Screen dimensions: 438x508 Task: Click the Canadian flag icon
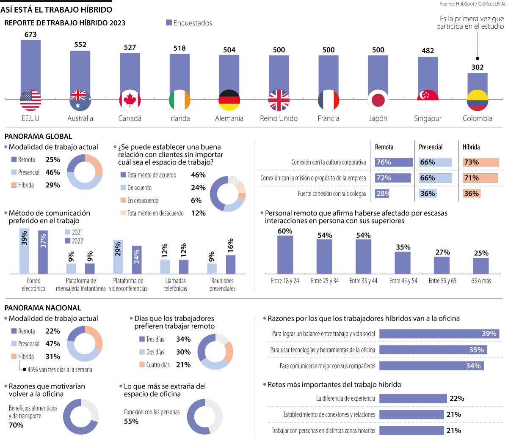click(130, 100)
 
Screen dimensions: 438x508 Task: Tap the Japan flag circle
click(378, 100)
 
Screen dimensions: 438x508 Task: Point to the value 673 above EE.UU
click(30, 35)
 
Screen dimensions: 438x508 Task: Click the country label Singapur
click(428, 118)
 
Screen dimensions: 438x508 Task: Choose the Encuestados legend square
click(169, 23)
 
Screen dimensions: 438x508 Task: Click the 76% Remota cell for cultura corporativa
click(393, 162)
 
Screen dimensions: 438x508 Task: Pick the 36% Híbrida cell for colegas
click(480, 194)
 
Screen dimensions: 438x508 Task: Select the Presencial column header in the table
click(431, 147)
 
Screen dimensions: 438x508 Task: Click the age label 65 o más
click(481, 281)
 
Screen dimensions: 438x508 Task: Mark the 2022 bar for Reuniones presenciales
click(230, 264)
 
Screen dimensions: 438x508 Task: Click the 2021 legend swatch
click(68, 232)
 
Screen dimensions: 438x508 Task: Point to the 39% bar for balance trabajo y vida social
click(439, 334)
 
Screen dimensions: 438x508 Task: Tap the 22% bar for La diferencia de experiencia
click(413, 398)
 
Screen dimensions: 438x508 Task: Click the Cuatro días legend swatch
click(142, 364)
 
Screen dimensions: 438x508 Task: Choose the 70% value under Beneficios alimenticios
click(16, 425)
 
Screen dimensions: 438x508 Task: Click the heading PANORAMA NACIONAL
click(42, 308)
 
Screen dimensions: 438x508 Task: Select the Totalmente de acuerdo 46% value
click(198, 175)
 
